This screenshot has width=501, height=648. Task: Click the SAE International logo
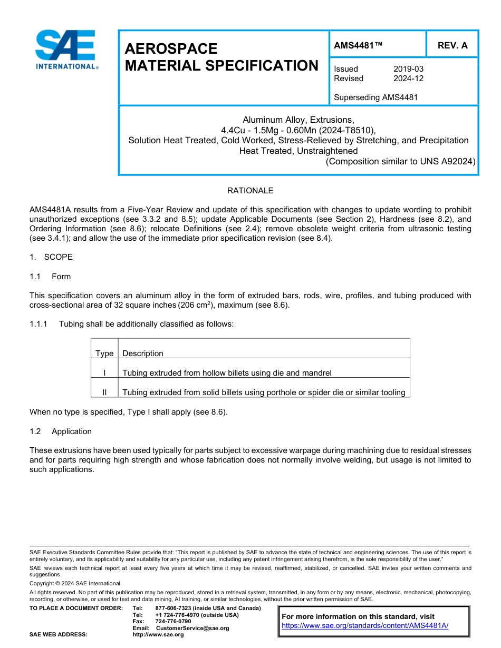[x=66, y=50]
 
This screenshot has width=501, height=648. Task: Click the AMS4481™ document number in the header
[x=358, y=45]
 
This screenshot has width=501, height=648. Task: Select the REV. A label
[x=452, y=45]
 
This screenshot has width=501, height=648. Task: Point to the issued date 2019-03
[x=408, y=69]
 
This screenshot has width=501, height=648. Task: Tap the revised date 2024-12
[x=408, y=78]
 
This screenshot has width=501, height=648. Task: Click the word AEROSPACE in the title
[x=171, y=49]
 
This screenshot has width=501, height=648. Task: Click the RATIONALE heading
[x=250, y=191]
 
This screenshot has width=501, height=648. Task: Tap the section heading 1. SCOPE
[x=51, y=257]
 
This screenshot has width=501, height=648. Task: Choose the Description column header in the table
[x=143, y=354]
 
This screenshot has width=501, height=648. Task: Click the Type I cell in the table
[x=104, y=373]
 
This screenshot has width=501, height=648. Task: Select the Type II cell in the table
[x=104, y=392]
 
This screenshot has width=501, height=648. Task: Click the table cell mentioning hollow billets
[x=227, y=373]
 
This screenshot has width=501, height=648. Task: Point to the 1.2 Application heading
[x=61, y=431]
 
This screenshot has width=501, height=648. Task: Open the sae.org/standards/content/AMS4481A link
[x=364, y=625]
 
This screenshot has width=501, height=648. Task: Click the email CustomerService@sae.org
[x=192, y=628]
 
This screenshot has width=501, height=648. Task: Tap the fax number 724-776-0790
[x=173, y=622]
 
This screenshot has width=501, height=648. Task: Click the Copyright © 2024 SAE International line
[x=75, y=583]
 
